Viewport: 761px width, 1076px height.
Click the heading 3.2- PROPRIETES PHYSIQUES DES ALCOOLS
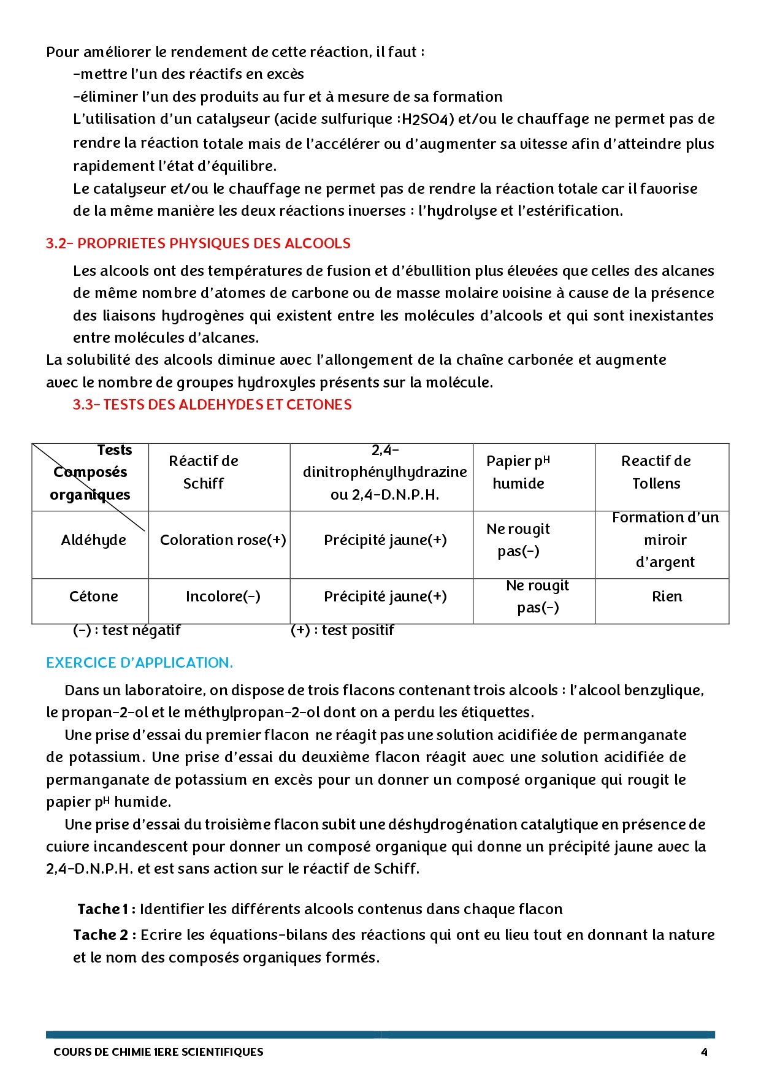tap(198, 243)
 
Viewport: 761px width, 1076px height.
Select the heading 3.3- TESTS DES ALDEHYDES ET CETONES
tap(212, 405)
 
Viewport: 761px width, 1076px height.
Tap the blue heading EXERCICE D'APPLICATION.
tap(139, 663)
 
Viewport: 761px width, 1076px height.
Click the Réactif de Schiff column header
tap(204, 472)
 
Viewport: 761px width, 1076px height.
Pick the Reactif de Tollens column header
tap(656, 472)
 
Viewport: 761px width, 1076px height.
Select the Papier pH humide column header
tap(518, 472)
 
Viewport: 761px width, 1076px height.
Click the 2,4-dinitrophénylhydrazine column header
tap(384, 472)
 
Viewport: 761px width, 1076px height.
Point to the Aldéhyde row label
tap(93, 540)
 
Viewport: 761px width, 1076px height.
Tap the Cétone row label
tap(93, 597)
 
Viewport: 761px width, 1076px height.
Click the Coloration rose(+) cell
tap(223, 540)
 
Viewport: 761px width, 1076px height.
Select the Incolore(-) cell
tap(223, 597)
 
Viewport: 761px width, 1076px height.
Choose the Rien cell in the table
tap(667, 597)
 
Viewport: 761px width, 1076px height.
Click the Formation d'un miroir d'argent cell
tap(665, 540)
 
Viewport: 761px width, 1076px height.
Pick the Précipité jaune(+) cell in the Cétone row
tap(385, 597)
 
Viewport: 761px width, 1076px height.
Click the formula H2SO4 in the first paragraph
tap(427, 119)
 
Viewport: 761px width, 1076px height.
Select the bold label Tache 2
tap(101, 935)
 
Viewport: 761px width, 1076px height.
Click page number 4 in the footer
tap(704, 1052)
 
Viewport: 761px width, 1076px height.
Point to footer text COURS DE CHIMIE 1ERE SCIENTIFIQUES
tap(158, 1052)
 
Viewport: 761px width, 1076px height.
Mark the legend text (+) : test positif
tap(342, 630)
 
